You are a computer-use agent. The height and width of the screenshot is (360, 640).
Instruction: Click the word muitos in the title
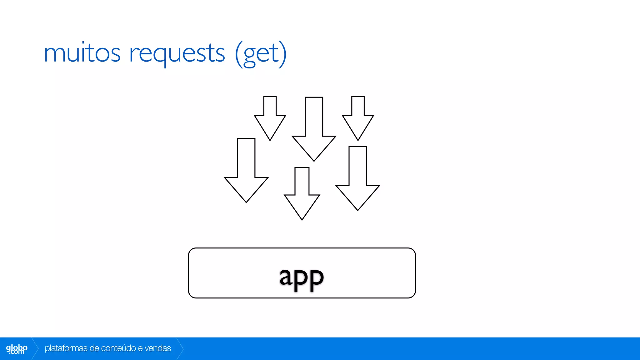point(82,53)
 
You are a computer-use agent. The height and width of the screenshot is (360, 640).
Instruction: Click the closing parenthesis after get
point(282,54)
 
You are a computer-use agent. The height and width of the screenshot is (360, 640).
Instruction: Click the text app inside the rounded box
point(302,277)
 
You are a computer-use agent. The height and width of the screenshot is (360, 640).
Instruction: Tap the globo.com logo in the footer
point(17,349)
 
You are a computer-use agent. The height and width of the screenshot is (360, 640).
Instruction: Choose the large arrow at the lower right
point(357,181)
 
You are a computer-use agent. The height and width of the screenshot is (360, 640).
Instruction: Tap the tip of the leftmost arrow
point(246,201)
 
